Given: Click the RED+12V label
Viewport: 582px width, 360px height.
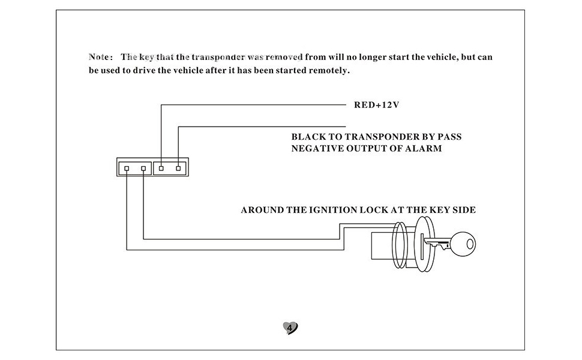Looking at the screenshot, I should (376, 105).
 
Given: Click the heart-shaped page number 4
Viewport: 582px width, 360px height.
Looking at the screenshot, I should (290, 328).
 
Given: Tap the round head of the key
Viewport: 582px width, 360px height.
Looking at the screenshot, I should (463, 244).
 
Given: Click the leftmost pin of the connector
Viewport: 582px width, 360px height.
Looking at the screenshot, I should (127, 169).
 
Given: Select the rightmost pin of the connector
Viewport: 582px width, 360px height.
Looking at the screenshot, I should (178, 169).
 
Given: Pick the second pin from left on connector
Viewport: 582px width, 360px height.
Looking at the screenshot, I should (143, 169).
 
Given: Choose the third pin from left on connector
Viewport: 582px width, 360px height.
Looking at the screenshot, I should (161, 169).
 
